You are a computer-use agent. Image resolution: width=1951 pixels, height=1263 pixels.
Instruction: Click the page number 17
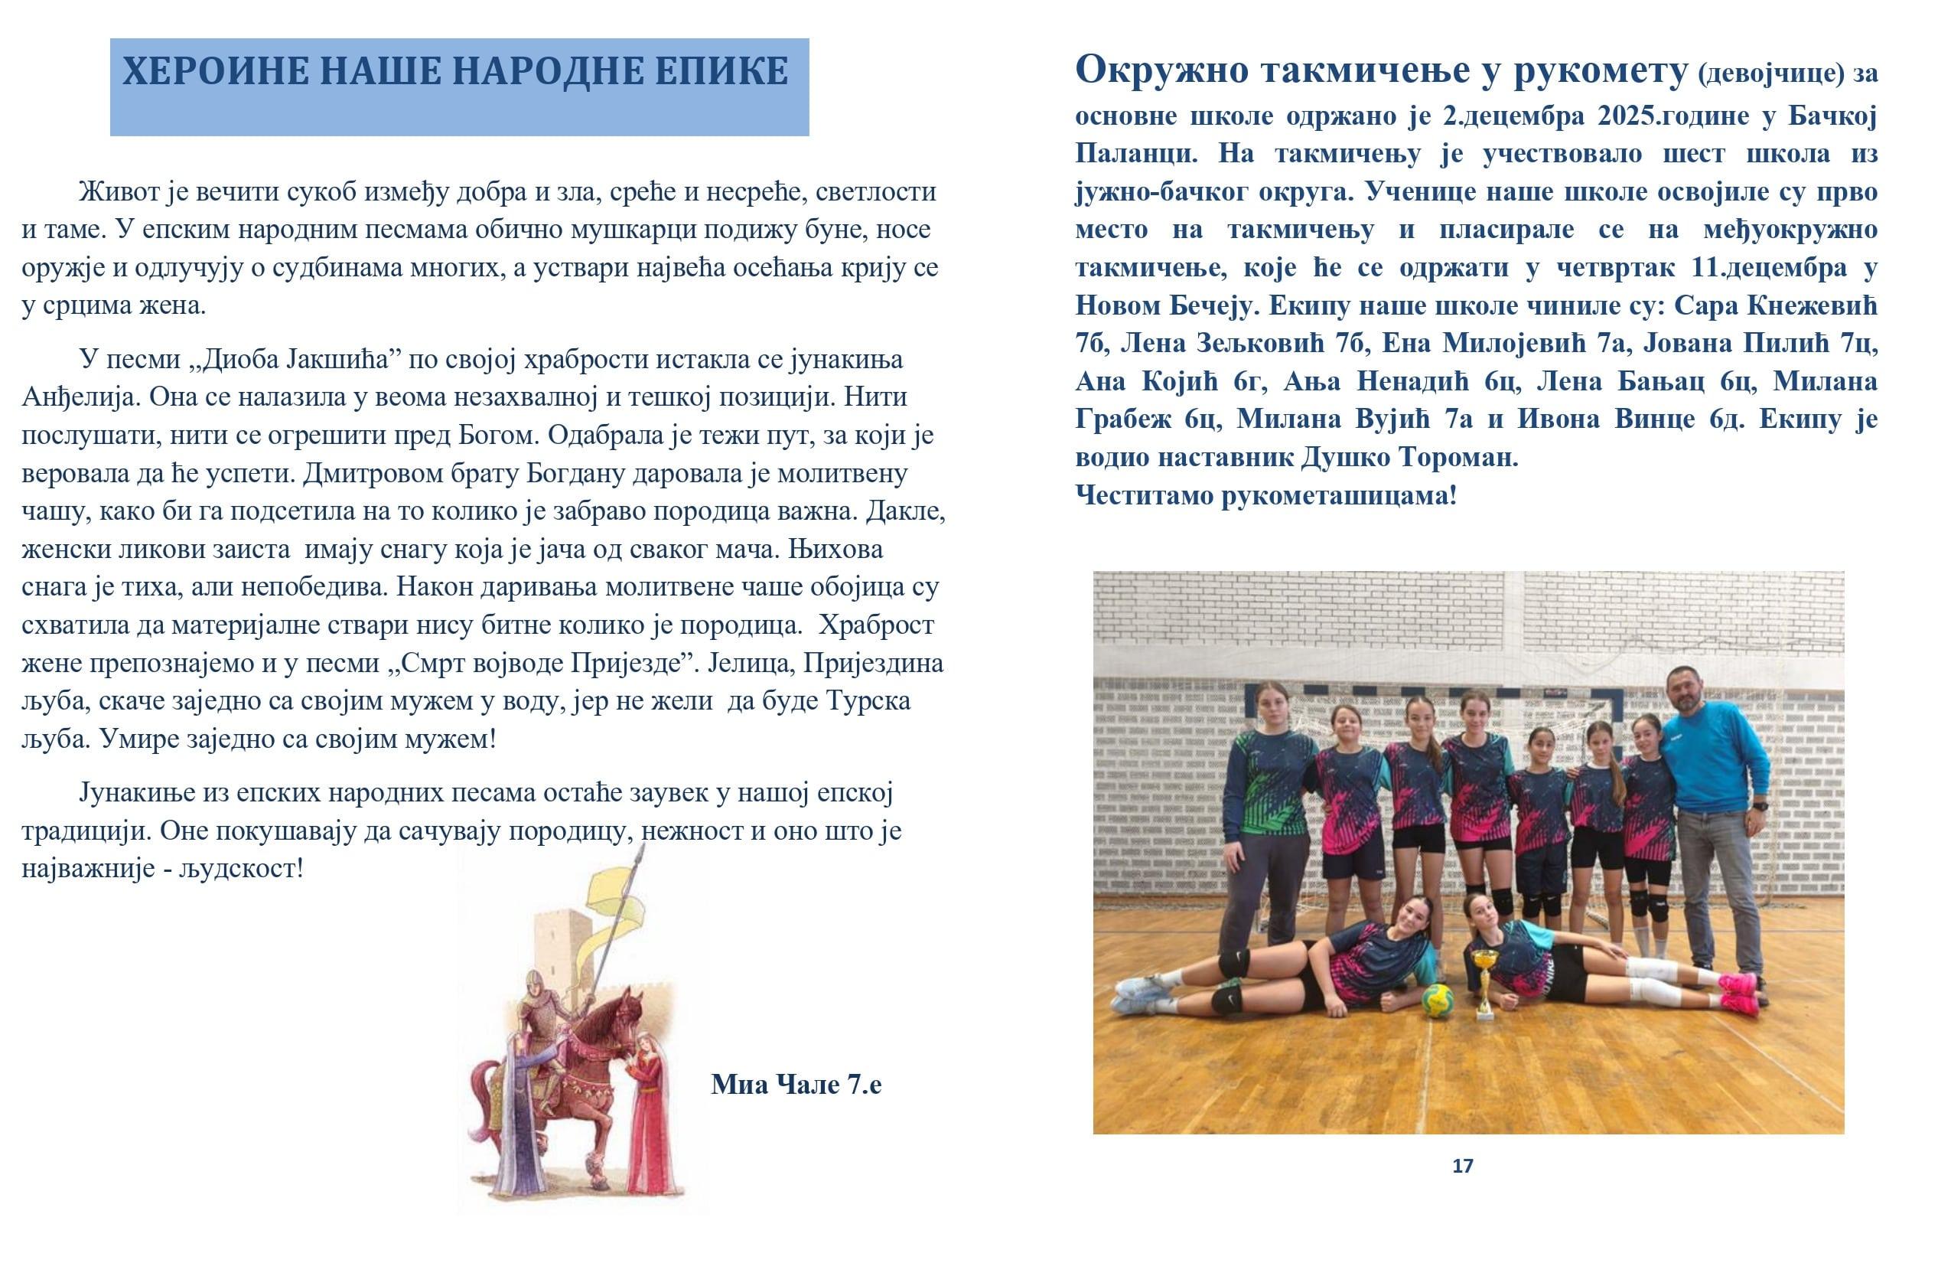pyautogui.click(x=1462, y=1165)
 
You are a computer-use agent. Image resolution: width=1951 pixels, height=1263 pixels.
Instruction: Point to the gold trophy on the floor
pyautogui.click(x=1484, y=981)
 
